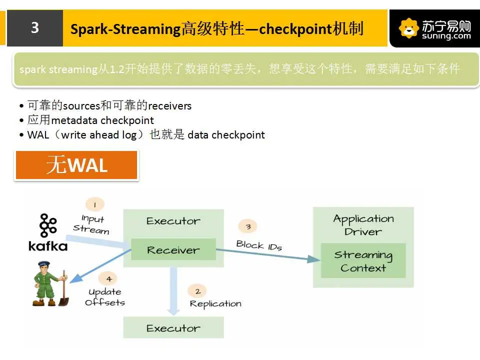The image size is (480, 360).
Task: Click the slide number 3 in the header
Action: coord(35,27)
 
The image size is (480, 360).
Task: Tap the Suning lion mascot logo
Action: coord(409,28)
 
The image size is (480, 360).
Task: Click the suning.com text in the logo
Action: coord(446,36)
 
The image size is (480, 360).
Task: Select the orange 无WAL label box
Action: coord(76,165)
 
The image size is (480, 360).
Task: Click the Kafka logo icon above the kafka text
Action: coord(48,225)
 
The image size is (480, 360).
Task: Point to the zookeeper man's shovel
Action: coord(64,288)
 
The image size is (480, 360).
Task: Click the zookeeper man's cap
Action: coord(44,263)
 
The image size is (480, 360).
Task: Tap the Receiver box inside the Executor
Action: coord(173,249)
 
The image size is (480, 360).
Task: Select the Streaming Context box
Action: coord(363,260)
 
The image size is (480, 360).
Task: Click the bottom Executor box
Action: coord(173,327)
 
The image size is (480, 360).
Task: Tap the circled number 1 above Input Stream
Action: coord(95,204)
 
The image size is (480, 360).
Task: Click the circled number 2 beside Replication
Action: coord(197,291)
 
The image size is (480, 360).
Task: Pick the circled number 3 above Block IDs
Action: coord(247,226)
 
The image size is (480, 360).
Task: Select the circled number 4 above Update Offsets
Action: coord(108,279)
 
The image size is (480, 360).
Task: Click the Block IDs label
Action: coord(259,245)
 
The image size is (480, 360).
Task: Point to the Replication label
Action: coord(215,303)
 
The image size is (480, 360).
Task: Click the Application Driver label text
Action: coord(363,224)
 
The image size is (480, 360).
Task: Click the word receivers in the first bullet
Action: coord(169,106)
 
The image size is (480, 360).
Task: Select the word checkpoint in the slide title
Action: coord(295,29)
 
